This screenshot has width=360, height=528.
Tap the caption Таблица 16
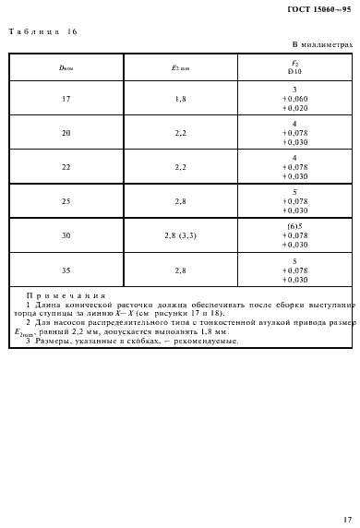43,32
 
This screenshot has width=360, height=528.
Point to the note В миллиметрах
322,44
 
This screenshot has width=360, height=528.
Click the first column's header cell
66,67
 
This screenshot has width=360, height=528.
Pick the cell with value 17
66,99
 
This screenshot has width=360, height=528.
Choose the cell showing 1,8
180,99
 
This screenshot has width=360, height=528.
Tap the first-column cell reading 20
66,133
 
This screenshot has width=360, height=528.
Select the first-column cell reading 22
66,167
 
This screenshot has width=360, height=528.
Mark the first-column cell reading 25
66,201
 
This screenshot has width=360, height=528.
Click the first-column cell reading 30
66,235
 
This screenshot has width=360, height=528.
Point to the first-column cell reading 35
66,270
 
